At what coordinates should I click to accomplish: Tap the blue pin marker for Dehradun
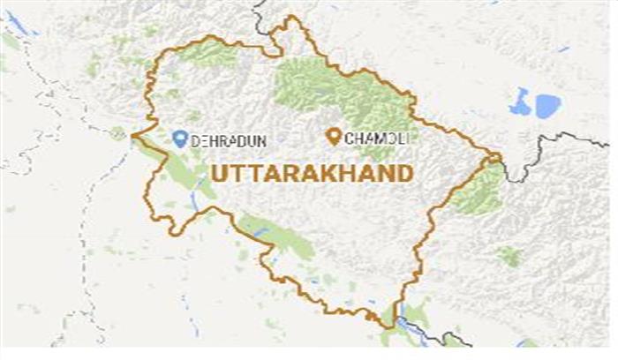[x=180, y=138]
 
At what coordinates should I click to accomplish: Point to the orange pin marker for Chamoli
[x=334, y=137]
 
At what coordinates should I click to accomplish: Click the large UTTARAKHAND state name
[x=310, y=172]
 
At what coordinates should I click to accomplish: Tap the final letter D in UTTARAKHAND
[x=404, y=172]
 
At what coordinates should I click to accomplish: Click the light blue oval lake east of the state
[x=547, y=106]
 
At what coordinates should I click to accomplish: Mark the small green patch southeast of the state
[x=509, y=257]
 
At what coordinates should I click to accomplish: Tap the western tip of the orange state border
[x=132, y=137]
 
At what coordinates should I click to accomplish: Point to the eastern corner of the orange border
[x=500, y=159]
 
